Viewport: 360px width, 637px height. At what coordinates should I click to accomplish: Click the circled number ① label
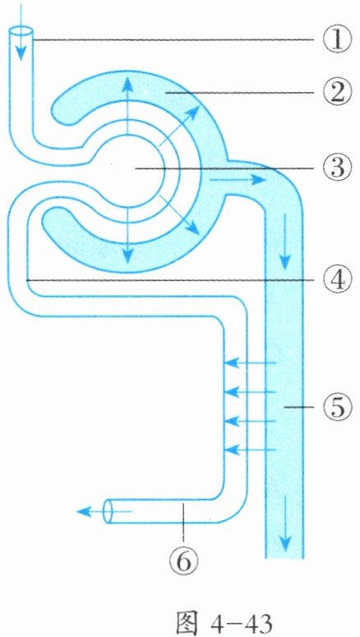click(336, 40)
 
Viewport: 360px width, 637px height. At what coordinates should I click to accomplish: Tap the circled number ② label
click(336, 93)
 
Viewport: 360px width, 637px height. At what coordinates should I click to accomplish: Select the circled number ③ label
click(336, 168)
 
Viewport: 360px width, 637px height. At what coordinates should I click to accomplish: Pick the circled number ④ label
click(336, 280)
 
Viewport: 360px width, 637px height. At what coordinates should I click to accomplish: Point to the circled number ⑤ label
click(336, 407)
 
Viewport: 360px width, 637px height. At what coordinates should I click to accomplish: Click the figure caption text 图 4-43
click(224, 619)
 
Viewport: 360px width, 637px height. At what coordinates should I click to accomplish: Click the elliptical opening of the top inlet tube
click(21, 32)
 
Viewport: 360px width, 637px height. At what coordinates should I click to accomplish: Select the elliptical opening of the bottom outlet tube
click(108, 511)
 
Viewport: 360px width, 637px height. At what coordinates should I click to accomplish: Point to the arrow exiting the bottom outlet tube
click(104, 511)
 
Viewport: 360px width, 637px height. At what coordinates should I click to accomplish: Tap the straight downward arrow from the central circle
click(127, 235)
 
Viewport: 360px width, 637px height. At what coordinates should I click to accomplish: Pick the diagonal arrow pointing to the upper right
click(178, 125)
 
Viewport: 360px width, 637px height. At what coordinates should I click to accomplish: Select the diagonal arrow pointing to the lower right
click(179, 215)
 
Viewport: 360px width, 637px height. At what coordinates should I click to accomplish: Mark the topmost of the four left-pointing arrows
click(251, 362)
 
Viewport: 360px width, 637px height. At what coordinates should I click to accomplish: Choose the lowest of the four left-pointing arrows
click(251, 450)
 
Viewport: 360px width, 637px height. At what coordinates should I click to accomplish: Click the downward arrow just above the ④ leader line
click(285, 242)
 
